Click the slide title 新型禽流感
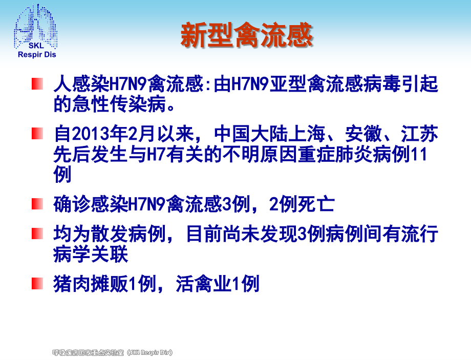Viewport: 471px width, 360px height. pyautogui.click(x=246, y=35)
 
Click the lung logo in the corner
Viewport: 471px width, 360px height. pyautogui.click(x=35, y=26)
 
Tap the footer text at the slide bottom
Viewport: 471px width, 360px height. pyautogui.click(x=113, y=352)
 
